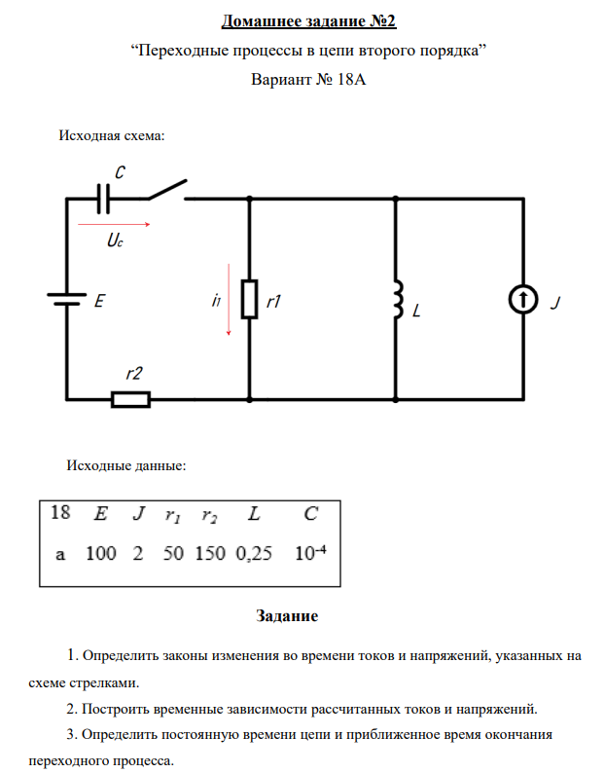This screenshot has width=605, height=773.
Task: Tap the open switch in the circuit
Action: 166,189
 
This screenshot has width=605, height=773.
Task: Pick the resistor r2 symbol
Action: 130,398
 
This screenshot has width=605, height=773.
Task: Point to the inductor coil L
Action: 397,299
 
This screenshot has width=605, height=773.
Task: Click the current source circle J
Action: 523,301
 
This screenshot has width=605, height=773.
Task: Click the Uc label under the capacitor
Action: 116,242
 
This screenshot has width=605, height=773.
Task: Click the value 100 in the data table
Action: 101,554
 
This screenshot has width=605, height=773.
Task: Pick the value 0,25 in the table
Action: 253,554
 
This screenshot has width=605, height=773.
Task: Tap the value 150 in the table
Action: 209,554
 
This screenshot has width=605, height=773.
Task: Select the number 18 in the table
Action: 60,513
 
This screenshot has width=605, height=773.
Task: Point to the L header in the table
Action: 253,513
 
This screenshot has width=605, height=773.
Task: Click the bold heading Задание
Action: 287,616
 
